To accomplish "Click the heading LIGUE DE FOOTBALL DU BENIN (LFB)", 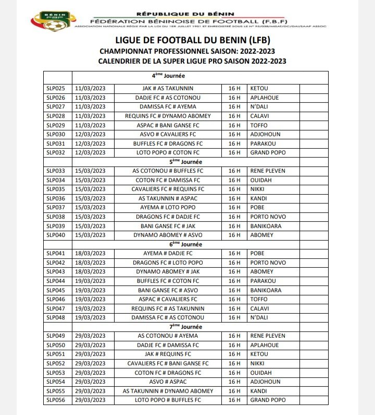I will [192, 40].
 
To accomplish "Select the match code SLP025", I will [56, 89].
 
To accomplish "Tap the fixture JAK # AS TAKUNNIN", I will [168, 89].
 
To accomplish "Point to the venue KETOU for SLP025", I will [259, 89].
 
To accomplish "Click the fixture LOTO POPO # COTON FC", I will [168, 152].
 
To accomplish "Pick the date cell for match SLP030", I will [90, 134].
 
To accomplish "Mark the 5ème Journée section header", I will [168, 162].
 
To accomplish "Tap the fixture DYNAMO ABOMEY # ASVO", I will [168, 235].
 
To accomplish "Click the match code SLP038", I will [56, 217].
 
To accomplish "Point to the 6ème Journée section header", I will [168, 244].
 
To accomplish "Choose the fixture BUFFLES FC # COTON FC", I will [168, 281].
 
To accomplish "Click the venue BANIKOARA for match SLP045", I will [266, 290].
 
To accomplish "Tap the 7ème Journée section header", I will [168, 327].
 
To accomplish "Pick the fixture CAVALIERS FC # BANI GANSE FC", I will [168, 363].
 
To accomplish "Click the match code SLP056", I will [56, 400].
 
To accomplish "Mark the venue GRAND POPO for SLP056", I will [268, 400].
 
